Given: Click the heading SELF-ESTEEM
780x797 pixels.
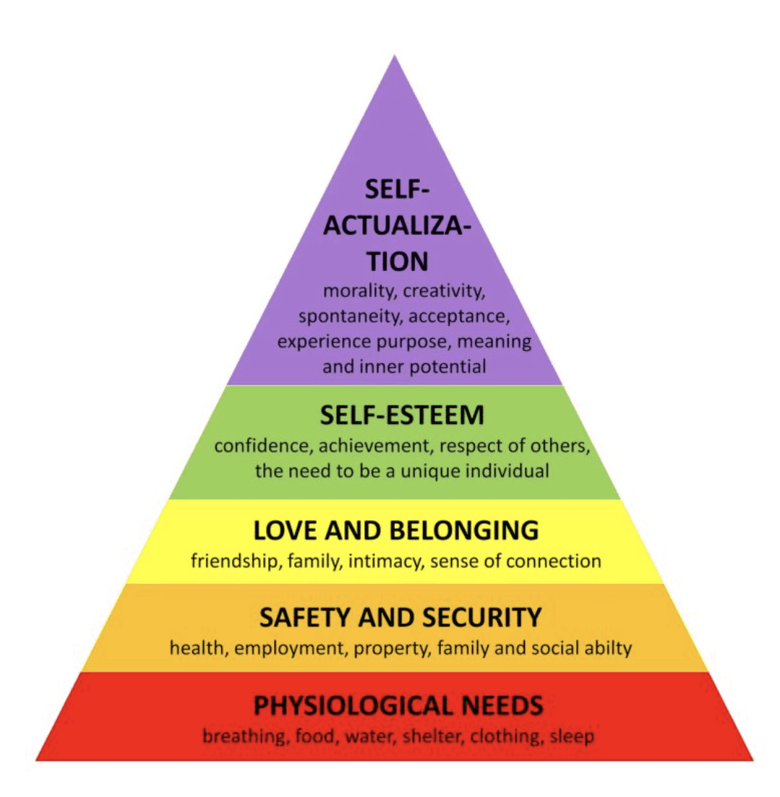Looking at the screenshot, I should [x=403, y=416].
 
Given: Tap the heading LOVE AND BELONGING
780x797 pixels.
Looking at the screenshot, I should [x=395, y=530].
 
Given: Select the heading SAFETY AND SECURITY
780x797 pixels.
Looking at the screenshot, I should [x=400, y=618].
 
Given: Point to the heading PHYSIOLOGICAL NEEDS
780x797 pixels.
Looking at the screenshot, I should [x=398, y=704].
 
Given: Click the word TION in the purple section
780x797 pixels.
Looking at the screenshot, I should [x=396, y=262].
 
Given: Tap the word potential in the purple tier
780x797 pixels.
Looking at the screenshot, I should [x=448, y=366].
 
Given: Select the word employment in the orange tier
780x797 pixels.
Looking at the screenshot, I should [x=289, y=648].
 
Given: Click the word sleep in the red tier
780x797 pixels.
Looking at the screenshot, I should [x=572, y=737].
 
